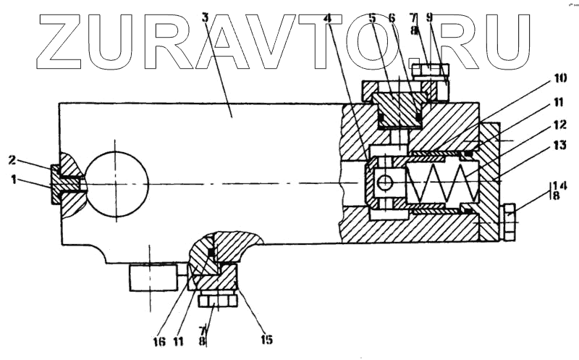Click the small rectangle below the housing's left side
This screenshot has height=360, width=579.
[x=153, y=277]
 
